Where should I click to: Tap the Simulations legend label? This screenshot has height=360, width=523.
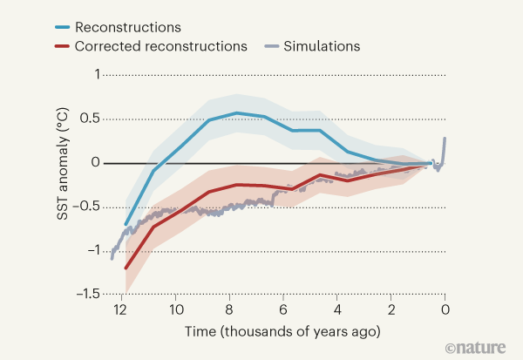click(x=318, y=44)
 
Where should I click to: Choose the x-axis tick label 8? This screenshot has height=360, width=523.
click(x=230, y=309)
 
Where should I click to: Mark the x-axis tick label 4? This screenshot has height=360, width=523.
click(x=337, y=309)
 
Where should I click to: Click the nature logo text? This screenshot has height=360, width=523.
click(x=476, y=347)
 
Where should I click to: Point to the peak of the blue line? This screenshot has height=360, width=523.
click(x=236, y=113)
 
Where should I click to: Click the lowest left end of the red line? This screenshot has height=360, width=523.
click(x=126, y=268)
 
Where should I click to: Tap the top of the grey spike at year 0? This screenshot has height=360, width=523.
click(x=445, y=138)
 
